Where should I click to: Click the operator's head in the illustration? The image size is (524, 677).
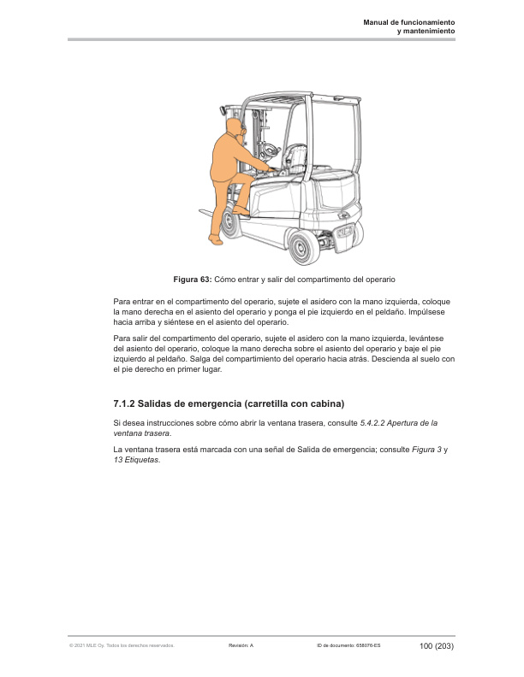pos(235,127)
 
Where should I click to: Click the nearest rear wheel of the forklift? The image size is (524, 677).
pos(301,249)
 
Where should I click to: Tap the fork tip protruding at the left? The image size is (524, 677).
pos(205,210)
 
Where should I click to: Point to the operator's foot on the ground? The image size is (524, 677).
pos(217,241)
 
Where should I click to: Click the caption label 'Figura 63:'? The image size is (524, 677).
pos(192,280)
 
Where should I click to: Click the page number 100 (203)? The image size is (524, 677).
pos(436,645)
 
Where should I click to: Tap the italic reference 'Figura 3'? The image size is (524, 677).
pos(426,450)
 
